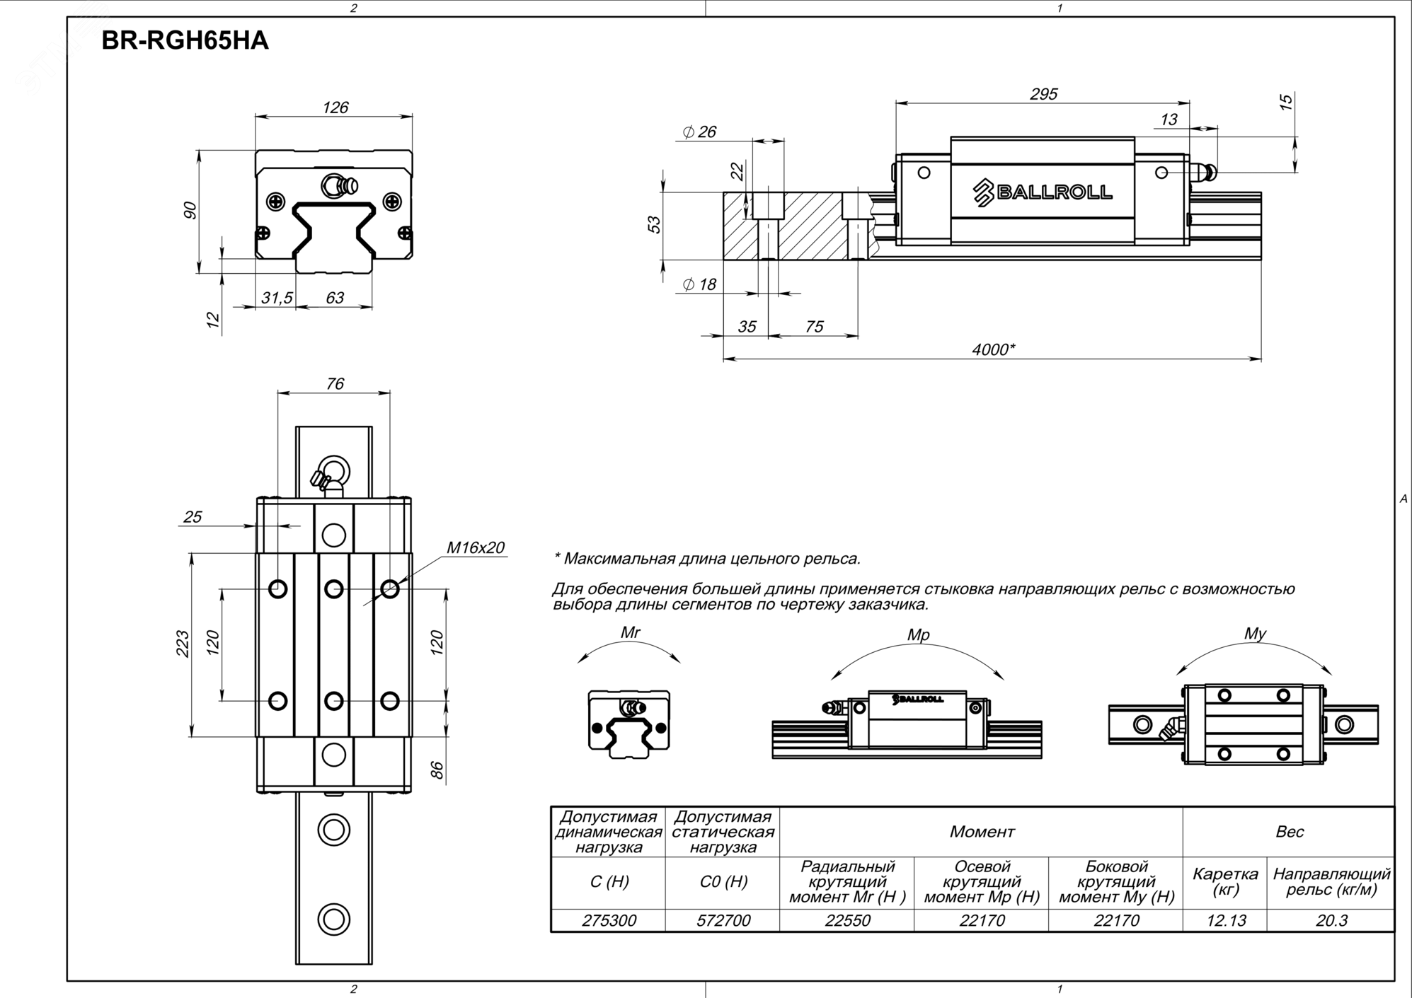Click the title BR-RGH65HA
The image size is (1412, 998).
tap(185, 41)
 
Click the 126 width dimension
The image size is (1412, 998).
tap(335, 108)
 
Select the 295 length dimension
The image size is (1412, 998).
tap(1043, 94)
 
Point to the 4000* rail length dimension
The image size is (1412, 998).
tap(993, 349)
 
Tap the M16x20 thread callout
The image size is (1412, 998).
tap(476, 547)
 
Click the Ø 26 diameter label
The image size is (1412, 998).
tap(699, 132)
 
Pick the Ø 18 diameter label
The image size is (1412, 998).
tap(699, 285)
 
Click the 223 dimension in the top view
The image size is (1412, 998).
tap(183, 644)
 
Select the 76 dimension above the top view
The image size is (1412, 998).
tap(335, 384)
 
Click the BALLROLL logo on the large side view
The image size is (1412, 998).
tap(1043, 192)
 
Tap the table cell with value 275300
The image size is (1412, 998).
tap(609, 921)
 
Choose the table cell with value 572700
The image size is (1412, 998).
tap(723, 921)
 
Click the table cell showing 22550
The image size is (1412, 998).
tap(847, 921)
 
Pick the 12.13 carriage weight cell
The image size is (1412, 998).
tap(1226, 921)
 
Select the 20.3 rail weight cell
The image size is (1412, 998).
tap(1331, 921)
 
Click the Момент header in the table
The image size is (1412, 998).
tap(982, 832)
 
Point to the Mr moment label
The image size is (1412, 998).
tap(630, 633)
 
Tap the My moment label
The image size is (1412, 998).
tap(1255, 634)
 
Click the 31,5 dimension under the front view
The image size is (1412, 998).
tap(277, 298)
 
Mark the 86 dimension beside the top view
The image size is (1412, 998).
tap(438, 770)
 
